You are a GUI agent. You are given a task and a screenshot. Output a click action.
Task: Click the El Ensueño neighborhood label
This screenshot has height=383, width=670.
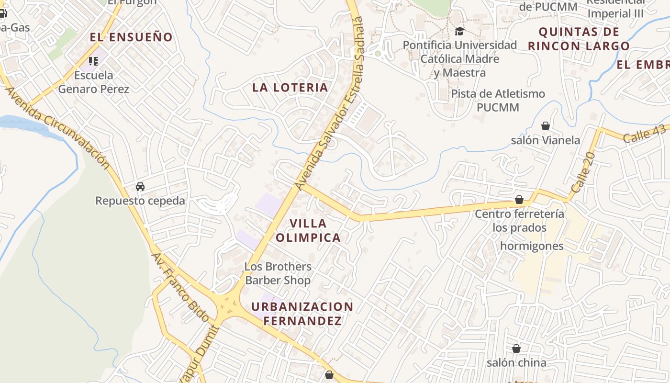pos(131,37)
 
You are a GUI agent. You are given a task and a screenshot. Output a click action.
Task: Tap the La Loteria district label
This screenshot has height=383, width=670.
pos(290,87)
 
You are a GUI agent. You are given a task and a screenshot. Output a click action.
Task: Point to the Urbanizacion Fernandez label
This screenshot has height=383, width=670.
pos(302,314)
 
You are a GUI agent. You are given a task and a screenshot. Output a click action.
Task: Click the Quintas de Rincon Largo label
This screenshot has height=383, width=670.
pos(579,39)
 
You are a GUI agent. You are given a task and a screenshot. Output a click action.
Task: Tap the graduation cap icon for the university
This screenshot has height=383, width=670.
pos(459,32)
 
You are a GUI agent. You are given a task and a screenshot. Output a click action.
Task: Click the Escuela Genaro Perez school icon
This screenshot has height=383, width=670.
pos(93,61)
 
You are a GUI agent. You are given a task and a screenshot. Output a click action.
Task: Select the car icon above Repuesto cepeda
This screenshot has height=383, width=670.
pos(140,187)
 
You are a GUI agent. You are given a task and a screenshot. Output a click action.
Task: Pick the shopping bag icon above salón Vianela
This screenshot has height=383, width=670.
pos(545,126)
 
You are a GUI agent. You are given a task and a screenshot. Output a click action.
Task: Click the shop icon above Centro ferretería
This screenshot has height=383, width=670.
pos(519,200)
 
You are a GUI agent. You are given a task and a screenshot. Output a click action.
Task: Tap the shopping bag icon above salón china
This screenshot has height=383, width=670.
pos(516,349)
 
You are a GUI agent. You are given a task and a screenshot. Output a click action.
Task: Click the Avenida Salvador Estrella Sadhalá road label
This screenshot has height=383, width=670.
pos(330,103)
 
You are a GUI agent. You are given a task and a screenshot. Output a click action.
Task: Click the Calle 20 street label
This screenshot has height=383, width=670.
pos(582,172)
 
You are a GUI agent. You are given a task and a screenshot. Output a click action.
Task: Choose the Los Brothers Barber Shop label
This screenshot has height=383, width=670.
pos(278,273)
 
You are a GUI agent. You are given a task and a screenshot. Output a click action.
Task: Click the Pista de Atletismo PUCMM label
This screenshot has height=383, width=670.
pos(498,100)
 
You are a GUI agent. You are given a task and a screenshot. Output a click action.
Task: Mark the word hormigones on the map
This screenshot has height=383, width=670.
pos(532,246)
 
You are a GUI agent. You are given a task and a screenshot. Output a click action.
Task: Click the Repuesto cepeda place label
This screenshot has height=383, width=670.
pos(140,201)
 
